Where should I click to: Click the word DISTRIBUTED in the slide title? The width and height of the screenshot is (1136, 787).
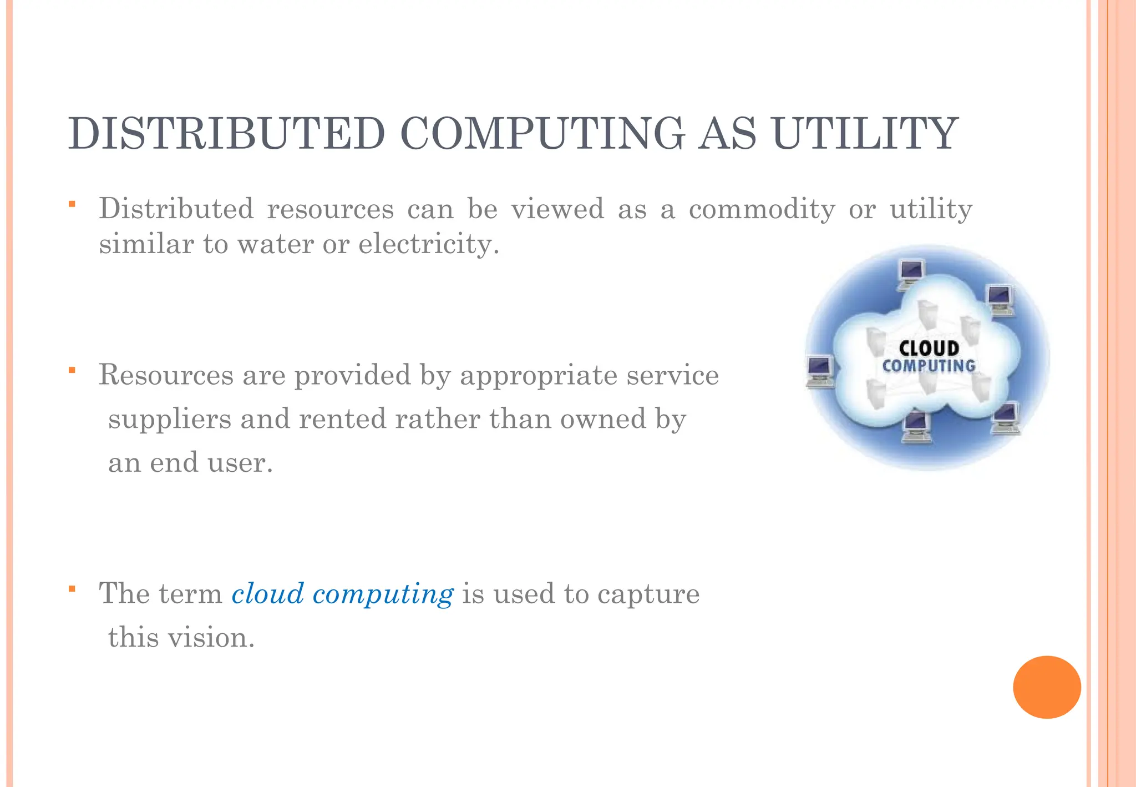tap(226, 134)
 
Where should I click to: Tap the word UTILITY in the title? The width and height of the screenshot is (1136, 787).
tap(865, 134)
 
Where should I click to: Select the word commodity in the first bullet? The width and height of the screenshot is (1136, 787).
tap(762, 209)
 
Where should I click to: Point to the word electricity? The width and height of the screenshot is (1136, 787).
tap(429, 244)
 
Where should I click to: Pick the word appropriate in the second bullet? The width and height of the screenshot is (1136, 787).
tap(539, 375)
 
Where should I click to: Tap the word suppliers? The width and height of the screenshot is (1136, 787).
tap(169, 420)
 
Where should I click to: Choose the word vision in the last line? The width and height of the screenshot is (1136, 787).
tap(211, 637)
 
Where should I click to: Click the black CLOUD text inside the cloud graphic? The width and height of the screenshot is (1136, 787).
tap(929, 348)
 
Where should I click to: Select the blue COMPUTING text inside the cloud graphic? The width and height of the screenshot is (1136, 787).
tap(929, 366)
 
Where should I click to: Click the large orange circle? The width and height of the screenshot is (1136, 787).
tap(1047, 687)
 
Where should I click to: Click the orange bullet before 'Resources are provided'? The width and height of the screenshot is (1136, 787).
tap(72, 370)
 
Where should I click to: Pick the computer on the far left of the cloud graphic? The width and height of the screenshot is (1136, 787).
tap(820, 371)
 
